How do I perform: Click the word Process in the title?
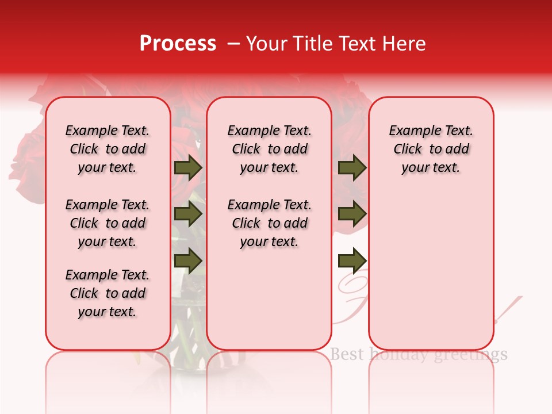(x=178, y=44)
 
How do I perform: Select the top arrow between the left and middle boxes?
(x=188, y=168)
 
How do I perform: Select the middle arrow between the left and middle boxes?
(x=188, y=214)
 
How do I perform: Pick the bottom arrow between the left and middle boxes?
(x=188, y=261)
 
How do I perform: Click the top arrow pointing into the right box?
(x=352, y=168)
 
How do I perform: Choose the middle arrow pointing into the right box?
(x=352, y=214)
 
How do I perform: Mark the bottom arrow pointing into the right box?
(x=352, y=261)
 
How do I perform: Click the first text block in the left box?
(x=108, y=149)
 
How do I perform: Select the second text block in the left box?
(x=108, y=223)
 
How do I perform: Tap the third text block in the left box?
(x=108, y=293)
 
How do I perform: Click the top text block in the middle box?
(x=269, y=149)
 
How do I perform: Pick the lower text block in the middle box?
(x=269, y=223)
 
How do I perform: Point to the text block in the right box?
(x=431, y=149)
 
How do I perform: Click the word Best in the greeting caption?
(x=347, y=354)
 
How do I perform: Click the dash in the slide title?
(x=233, y=44)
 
